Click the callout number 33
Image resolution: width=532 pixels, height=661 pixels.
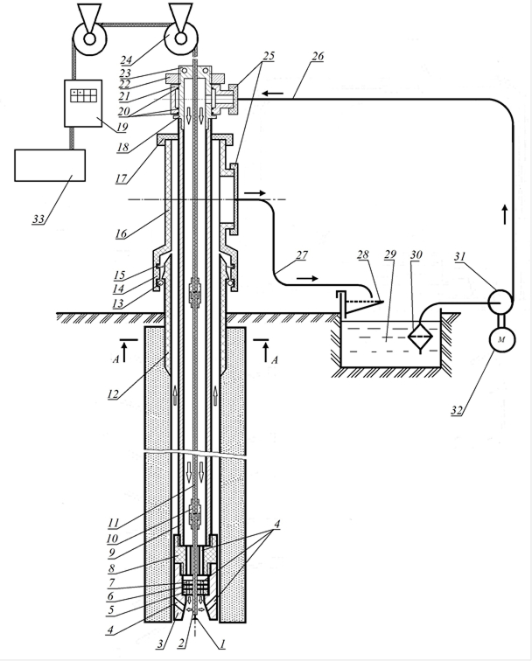pyautogui.click(x=38, y=219)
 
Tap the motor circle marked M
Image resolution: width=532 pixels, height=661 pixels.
pyautogui.click(x=501, y=339)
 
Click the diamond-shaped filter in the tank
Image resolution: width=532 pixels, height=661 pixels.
pyautogui.click(x=420, y=336)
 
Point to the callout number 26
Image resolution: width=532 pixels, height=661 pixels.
pyautogui.click(x=318, y=56)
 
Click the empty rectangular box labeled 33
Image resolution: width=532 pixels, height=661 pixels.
pyautogui.click(x=50, y=165)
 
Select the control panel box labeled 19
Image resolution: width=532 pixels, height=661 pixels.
pyautogui.click(x=83, y=103)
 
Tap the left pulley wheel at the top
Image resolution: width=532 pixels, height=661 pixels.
pyautogui.click(x=90, y=38)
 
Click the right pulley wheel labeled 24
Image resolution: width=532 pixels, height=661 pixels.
pyautogui.click(x=181, y=38)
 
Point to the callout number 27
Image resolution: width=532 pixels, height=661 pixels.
pyautogui.click(x=302, y=254)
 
